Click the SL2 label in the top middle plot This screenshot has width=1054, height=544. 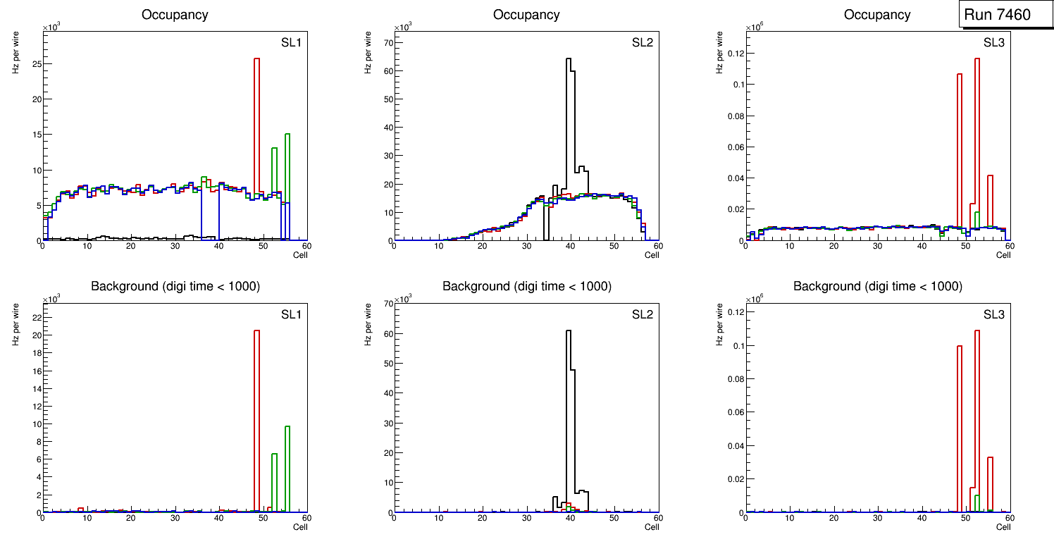click(x=643, y=42)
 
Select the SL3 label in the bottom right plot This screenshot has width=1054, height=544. click(x=994, y=314)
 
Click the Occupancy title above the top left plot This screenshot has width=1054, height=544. click(x=175, y=15)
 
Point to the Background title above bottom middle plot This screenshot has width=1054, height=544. click(x=526, y=286)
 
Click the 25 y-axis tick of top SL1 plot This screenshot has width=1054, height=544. click(x=35, y=63)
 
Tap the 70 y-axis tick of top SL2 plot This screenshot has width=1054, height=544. click(x=387, y=42)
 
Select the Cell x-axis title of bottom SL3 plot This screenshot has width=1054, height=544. click(x=1003, y=526)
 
